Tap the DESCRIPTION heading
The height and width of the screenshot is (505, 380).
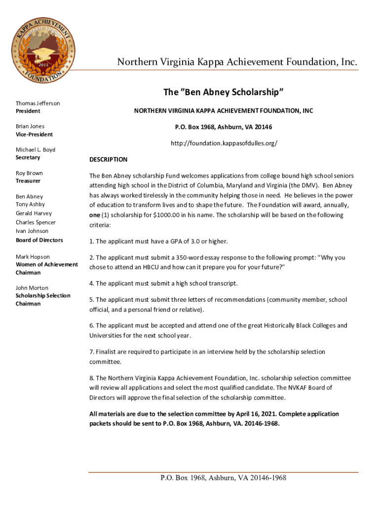[x=108, y=160]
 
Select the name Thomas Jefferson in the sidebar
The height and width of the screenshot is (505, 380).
[x=38, y=103]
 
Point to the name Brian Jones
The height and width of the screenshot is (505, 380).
[x=30, y=126]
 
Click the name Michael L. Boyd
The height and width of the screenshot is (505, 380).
[x=35, y=149]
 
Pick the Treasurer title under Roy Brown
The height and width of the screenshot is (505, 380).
[x=28, y=181]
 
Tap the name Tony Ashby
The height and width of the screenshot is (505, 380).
[x=30, y=204]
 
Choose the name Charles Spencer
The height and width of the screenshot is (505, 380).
[x=36, y=222]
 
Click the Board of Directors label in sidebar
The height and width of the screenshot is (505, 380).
[x=39, y=240]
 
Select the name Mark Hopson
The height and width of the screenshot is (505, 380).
[x=33, y=256]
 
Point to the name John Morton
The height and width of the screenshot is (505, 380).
[x=32, y=288]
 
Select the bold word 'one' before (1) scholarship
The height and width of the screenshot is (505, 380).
[x=94, y=215]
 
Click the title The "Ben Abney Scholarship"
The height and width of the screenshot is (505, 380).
[x=223, y=92]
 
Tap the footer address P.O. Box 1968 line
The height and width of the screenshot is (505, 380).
[x=223, y=478]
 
